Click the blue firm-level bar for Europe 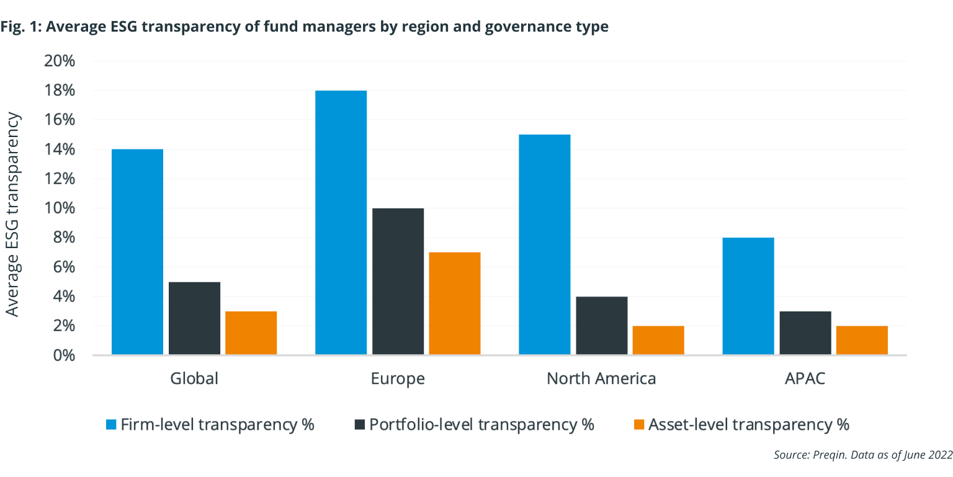point(341,223)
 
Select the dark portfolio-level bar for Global point(194,318)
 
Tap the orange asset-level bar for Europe point(455,303)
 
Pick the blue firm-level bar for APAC point(748,296)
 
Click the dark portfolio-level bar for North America point(601,326)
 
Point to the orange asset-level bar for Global point(251,333)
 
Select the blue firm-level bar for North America point(544,244)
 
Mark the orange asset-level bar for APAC point(862,340)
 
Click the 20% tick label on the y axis point(59,61)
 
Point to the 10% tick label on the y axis point(59,208)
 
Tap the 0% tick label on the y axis point(63,355)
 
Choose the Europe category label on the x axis point(398,378)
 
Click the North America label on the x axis point(601,378)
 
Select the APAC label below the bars point(805,378)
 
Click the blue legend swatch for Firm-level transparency point(111,425)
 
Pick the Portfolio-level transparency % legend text point(481,425)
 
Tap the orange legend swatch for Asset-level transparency point(638,425)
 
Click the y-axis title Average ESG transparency point(13,215)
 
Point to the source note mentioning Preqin point(862,455)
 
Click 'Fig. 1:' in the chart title point(21,27)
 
